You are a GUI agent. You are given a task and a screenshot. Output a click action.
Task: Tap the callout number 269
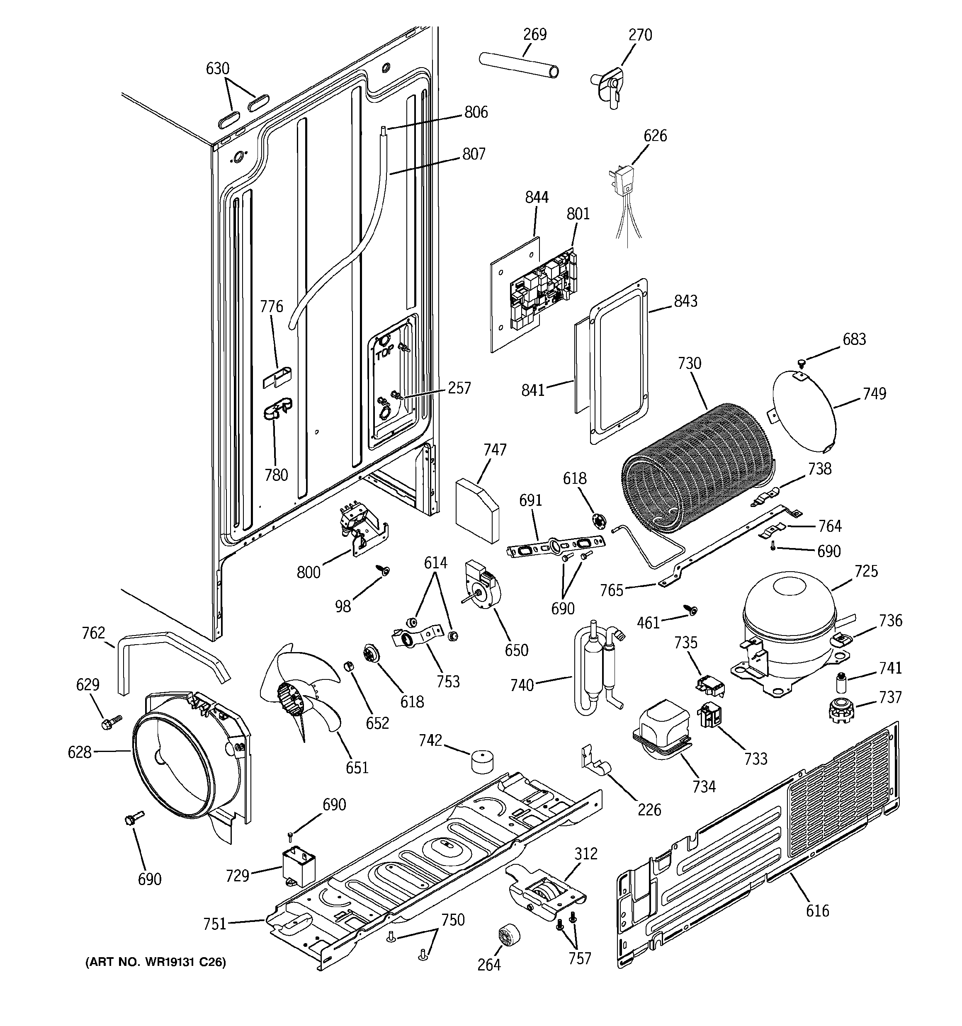[534, 34]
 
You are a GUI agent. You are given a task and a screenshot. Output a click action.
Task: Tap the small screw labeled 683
[801, 364]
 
